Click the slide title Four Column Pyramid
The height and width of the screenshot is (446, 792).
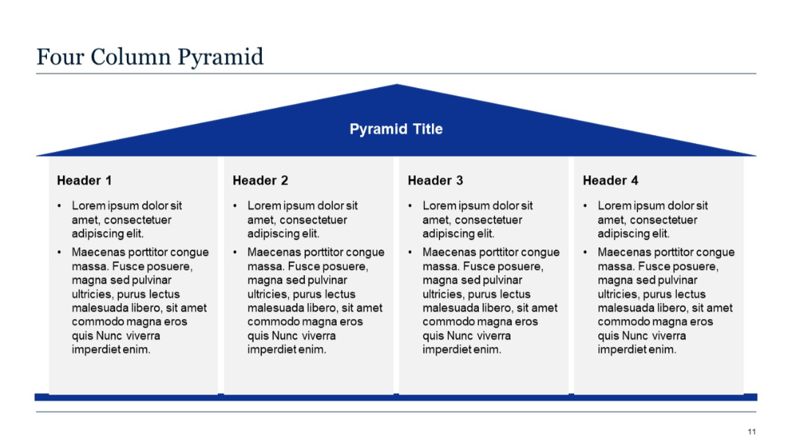[150, 57]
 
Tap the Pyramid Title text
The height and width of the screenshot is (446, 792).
[396, 129]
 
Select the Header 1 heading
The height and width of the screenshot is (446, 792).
[84, 180]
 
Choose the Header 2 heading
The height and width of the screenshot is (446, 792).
[260, 180]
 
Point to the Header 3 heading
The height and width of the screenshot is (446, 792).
[436, 180]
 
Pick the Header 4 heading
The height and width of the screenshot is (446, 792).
[610, 180]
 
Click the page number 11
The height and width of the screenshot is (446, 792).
[752, 431]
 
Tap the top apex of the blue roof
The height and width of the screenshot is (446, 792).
[396, 85]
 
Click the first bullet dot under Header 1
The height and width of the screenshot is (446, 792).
[60, 206]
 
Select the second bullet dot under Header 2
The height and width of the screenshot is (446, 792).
[235, 252]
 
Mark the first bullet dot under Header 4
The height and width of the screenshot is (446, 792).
[586, 206]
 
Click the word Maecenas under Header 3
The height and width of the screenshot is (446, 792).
[447, 252]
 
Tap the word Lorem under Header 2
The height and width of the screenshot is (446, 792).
[263, 206]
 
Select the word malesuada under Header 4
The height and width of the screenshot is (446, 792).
[628, 308]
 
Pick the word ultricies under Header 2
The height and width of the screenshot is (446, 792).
[269, 294]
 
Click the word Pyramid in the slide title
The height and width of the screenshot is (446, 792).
[230, 57]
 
